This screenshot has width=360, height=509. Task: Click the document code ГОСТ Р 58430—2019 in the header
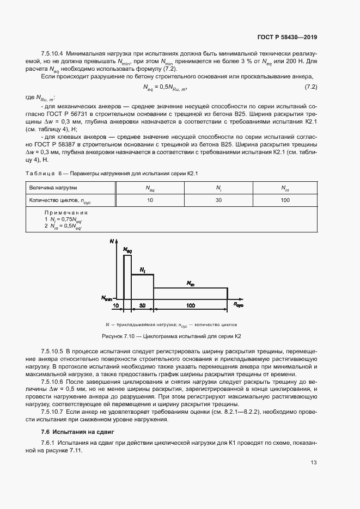(286, 38)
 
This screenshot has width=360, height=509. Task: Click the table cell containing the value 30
(218, 200)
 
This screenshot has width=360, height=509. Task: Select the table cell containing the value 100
(285, 200)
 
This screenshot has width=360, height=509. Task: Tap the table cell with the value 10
(150, 200)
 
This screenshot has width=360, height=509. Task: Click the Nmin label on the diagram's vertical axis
(107, 298)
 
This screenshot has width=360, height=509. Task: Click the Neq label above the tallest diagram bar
(127, 250)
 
